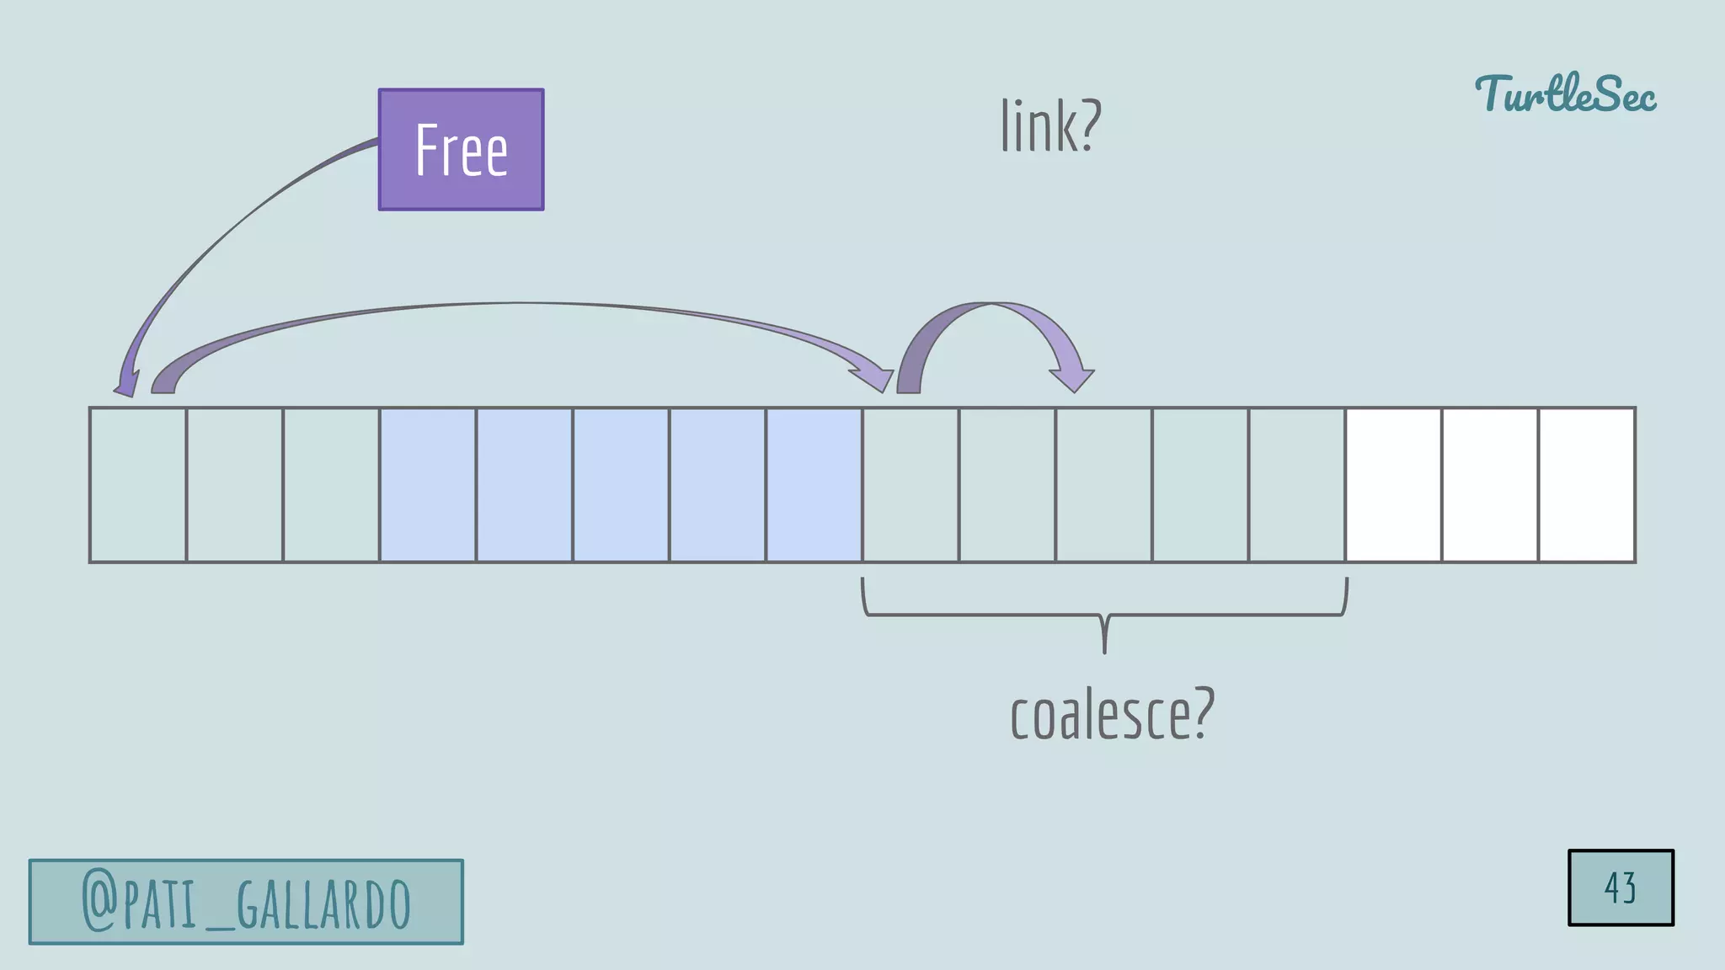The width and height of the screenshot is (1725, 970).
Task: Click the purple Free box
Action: [x=461, y=149]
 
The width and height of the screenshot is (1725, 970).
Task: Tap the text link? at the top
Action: [x=1050, y=125]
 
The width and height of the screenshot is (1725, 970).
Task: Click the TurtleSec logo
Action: [x=1565, y=93]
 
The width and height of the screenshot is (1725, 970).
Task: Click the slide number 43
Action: [x=1620, y=887]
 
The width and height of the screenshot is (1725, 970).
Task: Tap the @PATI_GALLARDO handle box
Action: [x=246, y=902]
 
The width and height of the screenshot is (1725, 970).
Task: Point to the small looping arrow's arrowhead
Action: [x=1072, y=381]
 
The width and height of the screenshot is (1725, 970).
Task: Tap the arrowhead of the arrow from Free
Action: [x=126, y=386]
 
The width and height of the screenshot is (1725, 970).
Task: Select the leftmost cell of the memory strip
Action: [x=138, y=485]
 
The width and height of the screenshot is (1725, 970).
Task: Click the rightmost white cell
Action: [x=1587, y=485]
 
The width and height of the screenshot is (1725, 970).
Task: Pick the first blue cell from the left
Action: [x=428, y=485]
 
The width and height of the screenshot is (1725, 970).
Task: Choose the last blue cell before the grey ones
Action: [x=814, y=485]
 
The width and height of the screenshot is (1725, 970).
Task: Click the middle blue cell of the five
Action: [x=621, y=485]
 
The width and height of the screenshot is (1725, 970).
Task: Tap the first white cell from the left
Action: [x=1393, y=485]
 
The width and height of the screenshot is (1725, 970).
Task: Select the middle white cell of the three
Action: [x=1490, y=485]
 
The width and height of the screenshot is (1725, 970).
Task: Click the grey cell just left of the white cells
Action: [x=1296, y=485]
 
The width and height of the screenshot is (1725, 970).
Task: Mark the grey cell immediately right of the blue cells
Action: [x=911, y=485]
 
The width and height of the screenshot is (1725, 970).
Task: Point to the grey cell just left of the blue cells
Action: [x=331, y=485]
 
